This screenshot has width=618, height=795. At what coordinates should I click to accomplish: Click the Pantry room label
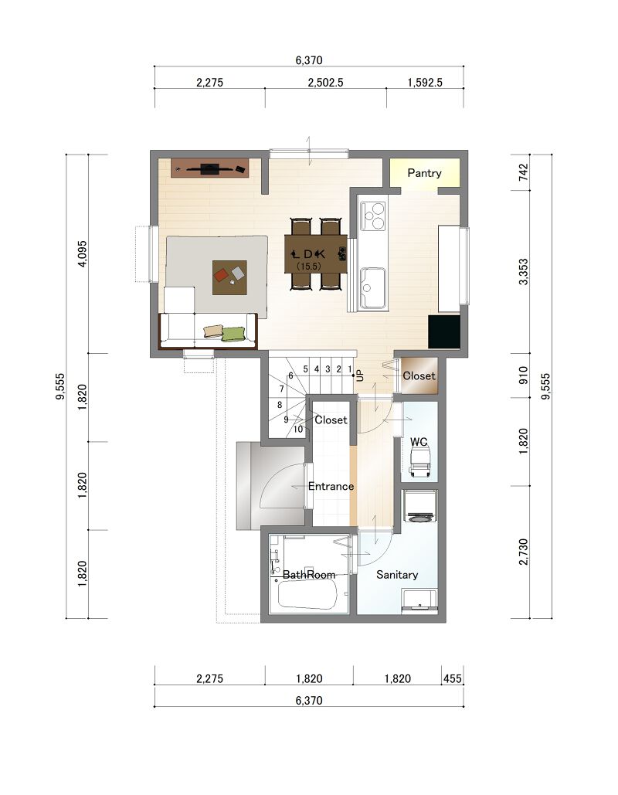tap(424, 173)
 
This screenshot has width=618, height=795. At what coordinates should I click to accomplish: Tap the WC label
tap(419, 442)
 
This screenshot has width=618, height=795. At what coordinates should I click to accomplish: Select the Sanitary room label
tap(397, 575)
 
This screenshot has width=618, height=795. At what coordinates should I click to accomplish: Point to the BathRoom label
tap(309, 575)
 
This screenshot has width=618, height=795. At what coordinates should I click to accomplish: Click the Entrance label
tap(331, 486)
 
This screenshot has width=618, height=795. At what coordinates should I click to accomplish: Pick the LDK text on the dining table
tap(308, 254)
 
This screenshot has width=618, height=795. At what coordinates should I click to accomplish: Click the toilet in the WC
tap(419, 462)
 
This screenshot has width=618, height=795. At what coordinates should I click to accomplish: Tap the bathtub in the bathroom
tap(307, 594)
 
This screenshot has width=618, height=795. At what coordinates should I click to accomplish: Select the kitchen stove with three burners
tap(373, 216)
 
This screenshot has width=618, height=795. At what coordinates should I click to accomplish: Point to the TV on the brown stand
tap(209, 169)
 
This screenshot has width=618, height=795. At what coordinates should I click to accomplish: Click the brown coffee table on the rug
tap(229, 277)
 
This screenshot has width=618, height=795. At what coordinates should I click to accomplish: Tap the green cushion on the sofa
tap(233, 334)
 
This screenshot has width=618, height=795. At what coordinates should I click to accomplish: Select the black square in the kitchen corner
tap(444, 332)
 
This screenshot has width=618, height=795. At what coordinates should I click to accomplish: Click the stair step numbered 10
tap(298, 430)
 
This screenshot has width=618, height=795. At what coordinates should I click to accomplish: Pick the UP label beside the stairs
tap(360, 375)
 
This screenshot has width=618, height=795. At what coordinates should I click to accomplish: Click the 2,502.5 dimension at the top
tap(325, 83)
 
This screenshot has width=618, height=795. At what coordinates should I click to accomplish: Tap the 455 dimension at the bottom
tap(452, 679)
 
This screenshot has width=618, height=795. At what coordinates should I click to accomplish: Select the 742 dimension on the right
tap(524, 172)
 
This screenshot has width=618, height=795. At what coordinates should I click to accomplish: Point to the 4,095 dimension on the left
tap(82, 253)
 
